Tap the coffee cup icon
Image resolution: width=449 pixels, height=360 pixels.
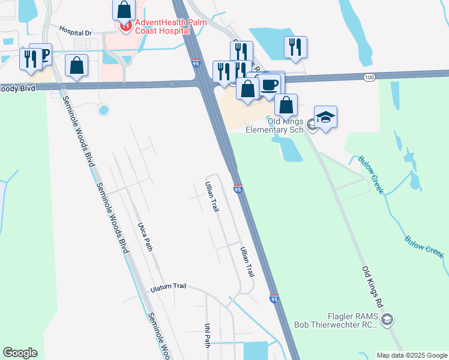270,83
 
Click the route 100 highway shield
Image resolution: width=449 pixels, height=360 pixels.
370,77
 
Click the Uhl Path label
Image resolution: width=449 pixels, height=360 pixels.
208,336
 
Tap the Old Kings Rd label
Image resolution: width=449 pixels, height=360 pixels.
371,288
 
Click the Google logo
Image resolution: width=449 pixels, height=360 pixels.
20,353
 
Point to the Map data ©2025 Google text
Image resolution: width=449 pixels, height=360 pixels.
412,355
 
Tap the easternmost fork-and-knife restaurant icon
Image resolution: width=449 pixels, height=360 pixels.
295,47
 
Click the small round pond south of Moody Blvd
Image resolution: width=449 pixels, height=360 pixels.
103,110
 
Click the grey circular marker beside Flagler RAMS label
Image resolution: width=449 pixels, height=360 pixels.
387,319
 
